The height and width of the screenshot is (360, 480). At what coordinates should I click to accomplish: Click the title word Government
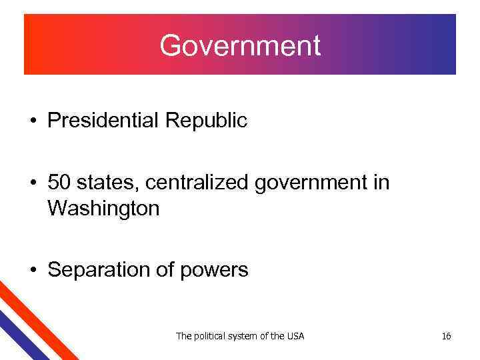point(240,45)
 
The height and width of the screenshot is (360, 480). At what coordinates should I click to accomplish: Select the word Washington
point(103,209)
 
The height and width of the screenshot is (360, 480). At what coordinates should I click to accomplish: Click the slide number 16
point(446,336)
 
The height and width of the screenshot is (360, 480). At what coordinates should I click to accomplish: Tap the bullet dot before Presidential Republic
point(32,122)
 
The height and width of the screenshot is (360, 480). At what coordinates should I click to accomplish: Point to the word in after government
point(381,182)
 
